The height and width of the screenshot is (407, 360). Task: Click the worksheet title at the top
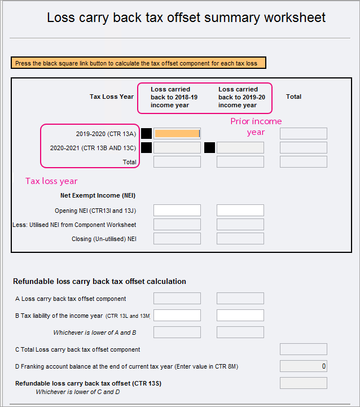tap(186, 17)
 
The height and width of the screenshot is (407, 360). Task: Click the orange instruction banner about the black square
tap(138, 63)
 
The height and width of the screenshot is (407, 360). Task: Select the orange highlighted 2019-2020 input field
tap(177, 134)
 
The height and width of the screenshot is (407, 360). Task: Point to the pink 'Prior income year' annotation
tap(256, 126)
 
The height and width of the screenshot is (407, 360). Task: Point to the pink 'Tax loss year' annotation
tap(52, 181)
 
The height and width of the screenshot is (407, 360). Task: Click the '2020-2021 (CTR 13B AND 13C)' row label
tap(93, 148)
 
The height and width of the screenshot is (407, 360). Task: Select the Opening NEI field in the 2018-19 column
tap(177, 211)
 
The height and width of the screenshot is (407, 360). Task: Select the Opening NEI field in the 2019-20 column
tap(240, 211)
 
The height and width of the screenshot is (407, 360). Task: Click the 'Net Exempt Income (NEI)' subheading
tap(98, 196)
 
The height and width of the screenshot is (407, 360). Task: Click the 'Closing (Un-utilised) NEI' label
tap(104, 239)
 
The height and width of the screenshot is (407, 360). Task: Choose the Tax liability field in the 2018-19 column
tap(177, 316)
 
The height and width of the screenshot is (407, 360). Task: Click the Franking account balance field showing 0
tap(303, 366)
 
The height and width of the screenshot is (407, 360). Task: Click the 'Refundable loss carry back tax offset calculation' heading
tap(99, 281)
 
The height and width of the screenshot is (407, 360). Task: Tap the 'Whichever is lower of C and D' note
tap(77, 392)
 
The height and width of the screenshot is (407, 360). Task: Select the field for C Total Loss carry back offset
tap(303, 349)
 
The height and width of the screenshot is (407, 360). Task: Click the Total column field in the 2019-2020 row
tap(303, 134)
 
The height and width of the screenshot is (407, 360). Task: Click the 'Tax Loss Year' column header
tap(111, 97)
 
